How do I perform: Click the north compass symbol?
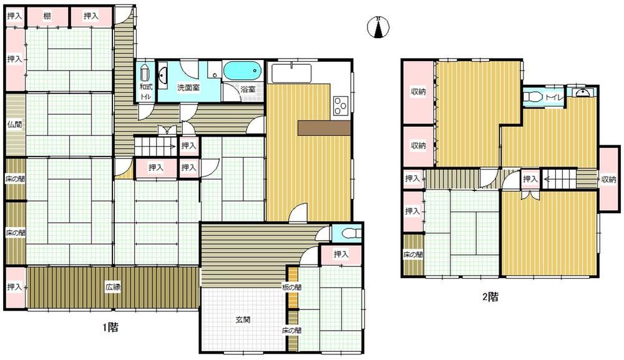click(378, 27)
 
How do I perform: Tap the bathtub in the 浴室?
click(242, 71)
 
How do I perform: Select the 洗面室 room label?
click(188, 88)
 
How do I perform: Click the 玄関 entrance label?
click(243, 319)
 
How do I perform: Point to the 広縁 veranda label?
click(113, 287)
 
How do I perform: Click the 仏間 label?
click(15, 125)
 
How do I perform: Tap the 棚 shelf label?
click(47, 16)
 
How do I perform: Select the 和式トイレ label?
click(145, 91)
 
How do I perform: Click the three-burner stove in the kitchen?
click(341, 106)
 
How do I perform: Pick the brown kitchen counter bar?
click(324, 128)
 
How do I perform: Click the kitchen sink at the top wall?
click(291, 73)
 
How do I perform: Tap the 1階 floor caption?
click(110, 328)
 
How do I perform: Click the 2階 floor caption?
click(490, 296)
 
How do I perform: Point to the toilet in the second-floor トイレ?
click(531, 97)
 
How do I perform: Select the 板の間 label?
click(291, 287)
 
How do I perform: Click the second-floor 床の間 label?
click(412, 255)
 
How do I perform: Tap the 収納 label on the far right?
click(608, 180)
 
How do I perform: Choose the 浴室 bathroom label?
click(248, 89)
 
